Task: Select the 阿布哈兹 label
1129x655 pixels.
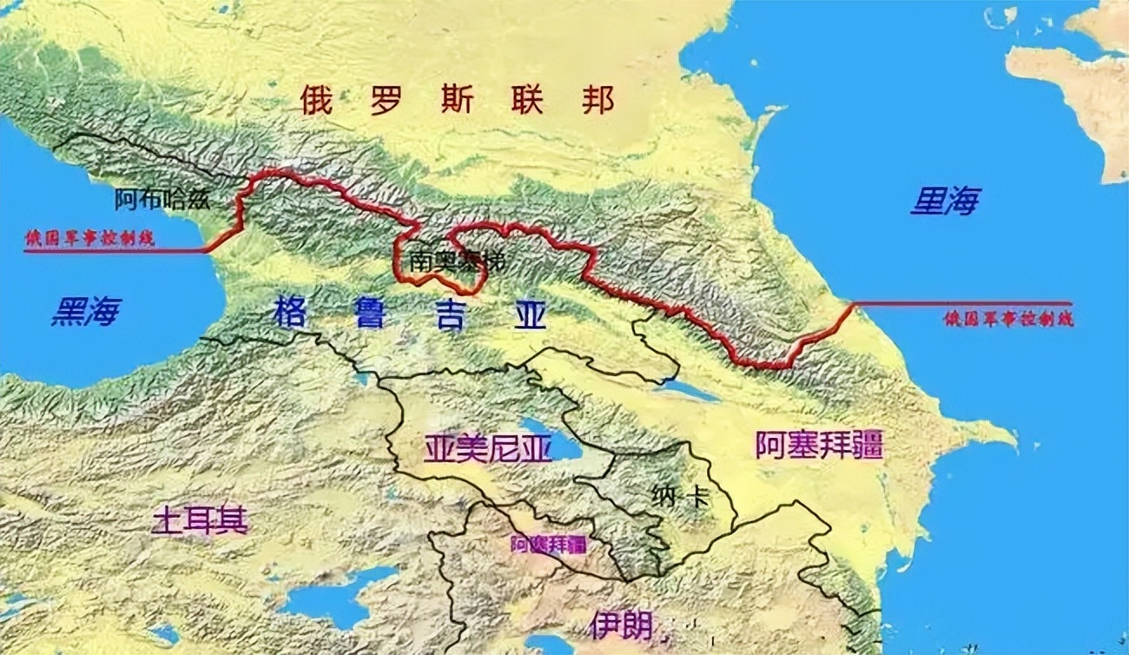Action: coord(162,200)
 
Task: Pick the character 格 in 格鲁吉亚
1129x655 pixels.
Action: coord(289,313)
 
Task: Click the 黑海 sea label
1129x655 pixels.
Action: coord(86,311)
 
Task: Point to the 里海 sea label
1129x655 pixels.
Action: coord(945,202)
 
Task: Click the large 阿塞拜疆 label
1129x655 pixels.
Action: coord(818,446)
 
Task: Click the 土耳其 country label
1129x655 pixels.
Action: coord(201,520)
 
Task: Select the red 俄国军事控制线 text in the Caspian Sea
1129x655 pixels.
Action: coord(1008,319)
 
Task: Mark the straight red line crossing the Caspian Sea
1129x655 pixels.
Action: coord(964,303)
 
